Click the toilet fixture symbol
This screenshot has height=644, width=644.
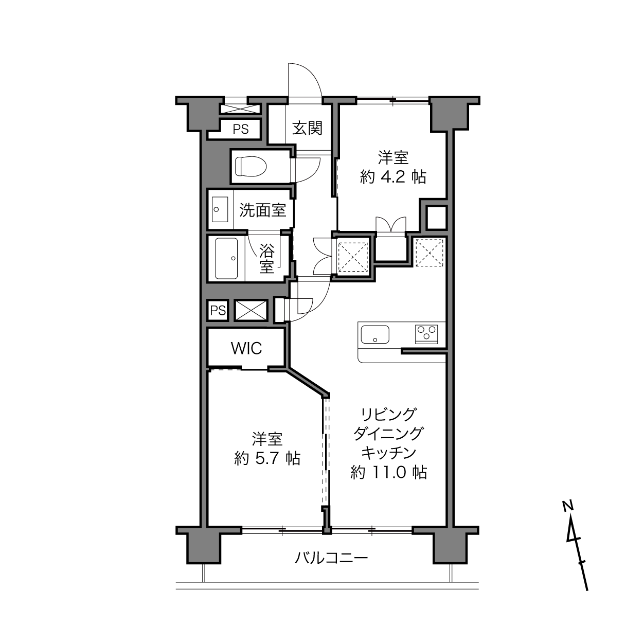(251, 166)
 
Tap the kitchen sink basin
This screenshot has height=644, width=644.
(375, 334)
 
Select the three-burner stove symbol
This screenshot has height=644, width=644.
(426, 334)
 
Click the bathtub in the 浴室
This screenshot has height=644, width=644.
(226, 258)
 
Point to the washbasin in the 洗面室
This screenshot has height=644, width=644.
(220, 209)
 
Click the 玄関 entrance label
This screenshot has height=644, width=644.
(307, 128)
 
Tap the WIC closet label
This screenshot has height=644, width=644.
(246, 349)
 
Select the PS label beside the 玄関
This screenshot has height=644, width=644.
(241, 129)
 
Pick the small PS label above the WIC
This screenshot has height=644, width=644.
(218, 311)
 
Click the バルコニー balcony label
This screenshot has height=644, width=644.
(331, 558)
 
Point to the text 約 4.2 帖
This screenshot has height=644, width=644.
(393, 176)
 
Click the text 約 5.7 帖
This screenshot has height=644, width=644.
(267, 458)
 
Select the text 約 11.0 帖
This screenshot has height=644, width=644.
(389, 473)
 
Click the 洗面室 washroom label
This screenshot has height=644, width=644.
(263, 210)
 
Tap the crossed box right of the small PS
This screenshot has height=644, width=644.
(251, 311)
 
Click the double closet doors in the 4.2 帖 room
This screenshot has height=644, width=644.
(391, 224)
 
